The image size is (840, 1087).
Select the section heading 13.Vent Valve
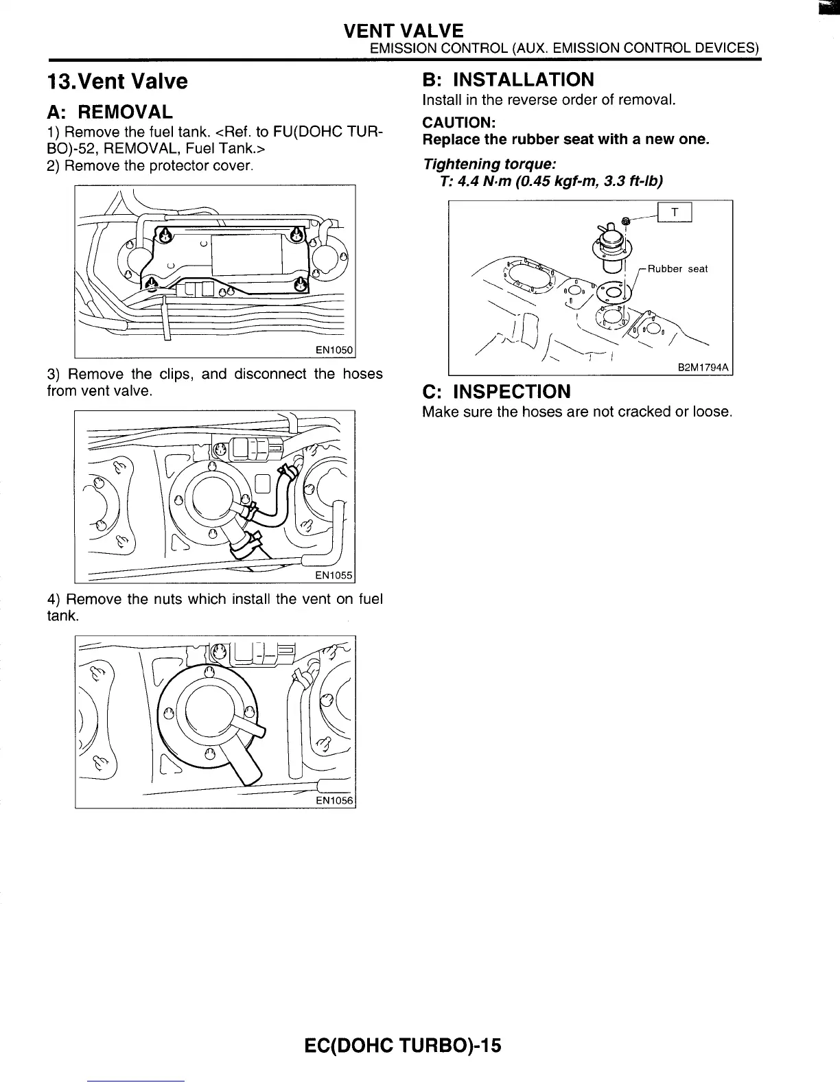click(x=116, y=82)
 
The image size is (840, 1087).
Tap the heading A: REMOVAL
click(x=110, y=112)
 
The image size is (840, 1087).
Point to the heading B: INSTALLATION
click(x=508, y=80)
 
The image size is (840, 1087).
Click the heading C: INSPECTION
click(x=496, y=392)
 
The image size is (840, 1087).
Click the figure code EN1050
click(x=333, y=351)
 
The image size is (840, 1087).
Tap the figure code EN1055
click(x=333, y=575)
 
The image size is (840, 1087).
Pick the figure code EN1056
click(x=334, y=801)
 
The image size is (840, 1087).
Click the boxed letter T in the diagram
click(x=675, y=213)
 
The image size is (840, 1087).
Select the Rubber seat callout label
click(x=677, y=269)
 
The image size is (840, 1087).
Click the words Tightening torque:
click(x=489, y=165)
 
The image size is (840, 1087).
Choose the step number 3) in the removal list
click(x=54, y=375)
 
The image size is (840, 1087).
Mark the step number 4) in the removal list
click(x=54, y=600)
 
